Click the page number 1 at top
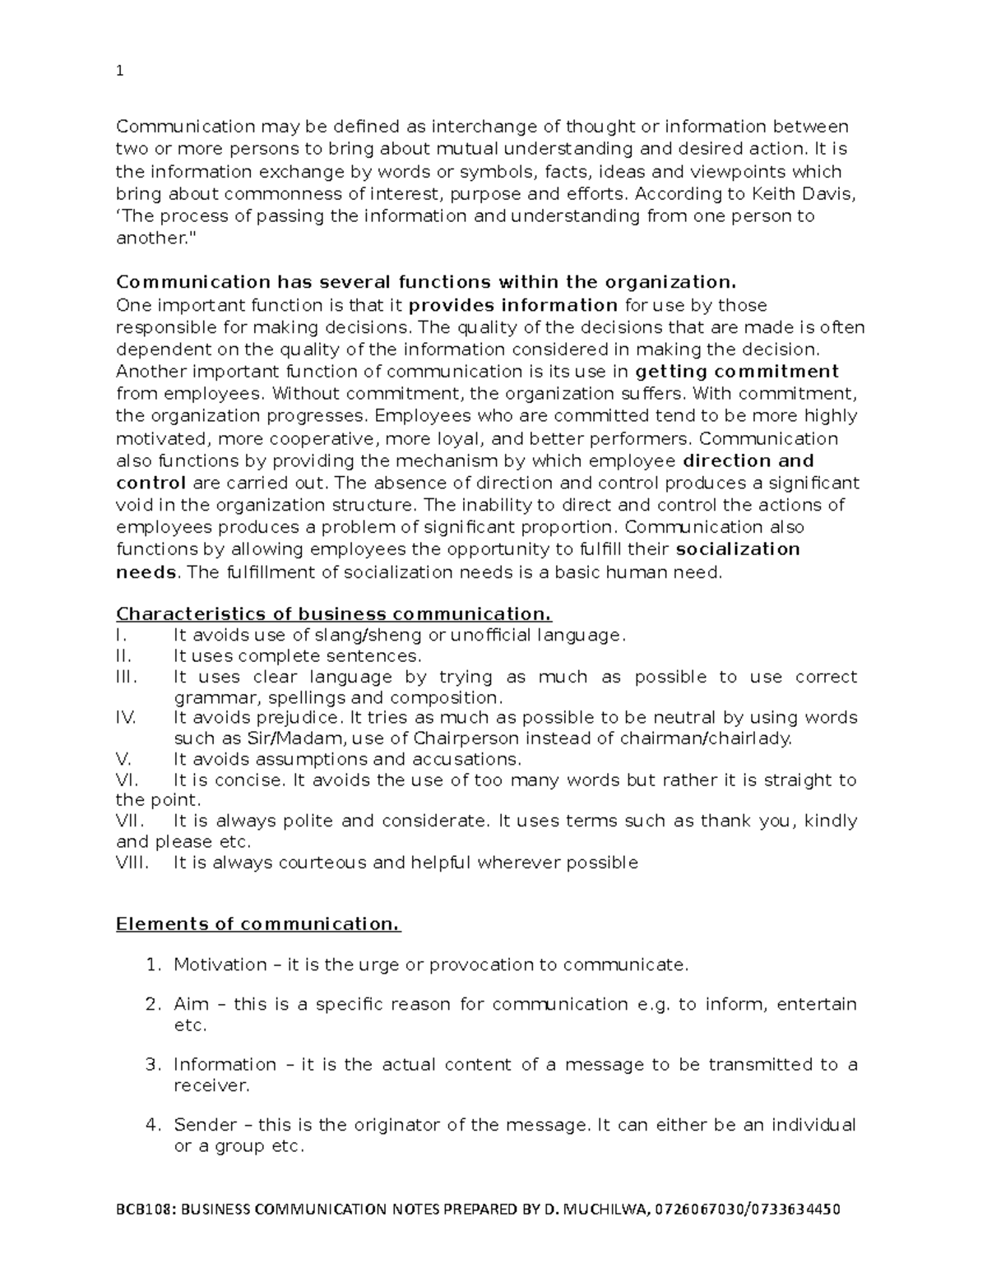coord(120,72)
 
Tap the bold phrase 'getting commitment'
coord(738,371)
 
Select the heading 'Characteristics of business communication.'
coord(334,614)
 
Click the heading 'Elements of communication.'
coord(258,924)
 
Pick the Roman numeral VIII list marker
coord(132,863)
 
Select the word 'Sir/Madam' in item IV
coord(286,738)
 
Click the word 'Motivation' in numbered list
coord(220,965)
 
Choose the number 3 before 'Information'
coord(151,1065)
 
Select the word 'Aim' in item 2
coord(191,1004)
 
